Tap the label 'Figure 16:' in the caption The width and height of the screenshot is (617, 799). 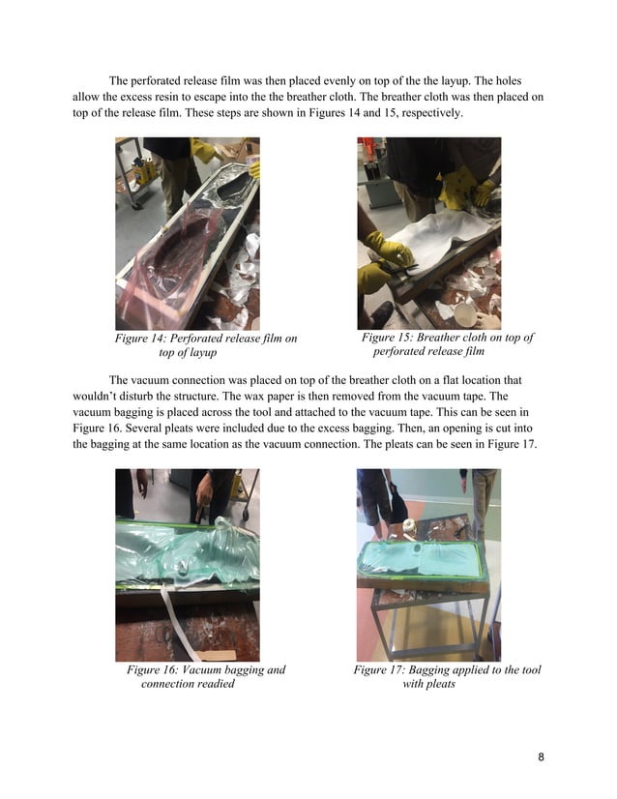click(x=154, y=670)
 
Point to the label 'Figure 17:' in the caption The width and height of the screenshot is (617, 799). click(x=380, y=670)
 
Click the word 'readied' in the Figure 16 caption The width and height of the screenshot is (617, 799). click(x=215, y=685)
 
